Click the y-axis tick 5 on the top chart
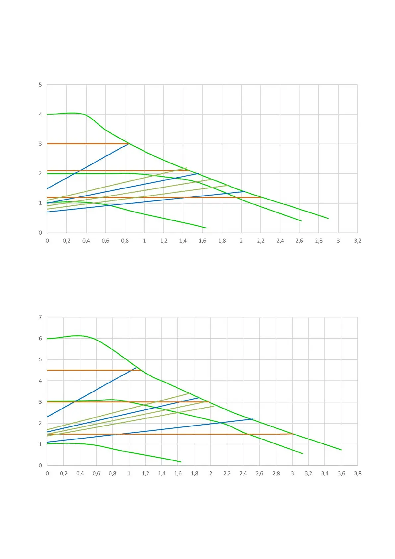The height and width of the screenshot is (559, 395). [x=40, y=85]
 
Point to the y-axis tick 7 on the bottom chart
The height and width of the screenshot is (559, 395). [x=40, y=317]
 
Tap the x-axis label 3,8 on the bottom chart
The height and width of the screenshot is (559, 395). [x=357, y=473]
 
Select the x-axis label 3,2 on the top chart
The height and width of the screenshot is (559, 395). [x=357, y=241]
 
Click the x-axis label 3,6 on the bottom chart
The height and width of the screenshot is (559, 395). [x=341, y=473]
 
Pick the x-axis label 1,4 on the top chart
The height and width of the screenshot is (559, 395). [x=183, y=241]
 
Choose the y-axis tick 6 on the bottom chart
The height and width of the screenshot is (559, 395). [x=40, y=339]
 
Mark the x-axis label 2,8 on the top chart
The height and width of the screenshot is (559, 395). [x=318, y=241]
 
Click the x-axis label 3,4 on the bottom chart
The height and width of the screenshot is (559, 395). [x=325, y=473]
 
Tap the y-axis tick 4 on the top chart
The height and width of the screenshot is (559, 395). [x=40, y=114]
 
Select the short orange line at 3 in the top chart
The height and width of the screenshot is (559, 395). [x=86, y=144]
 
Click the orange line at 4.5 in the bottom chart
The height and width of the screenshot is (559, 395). [x=93, y=370]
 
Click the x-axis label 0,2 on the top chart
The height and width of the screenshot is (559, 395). [x=66, y=241]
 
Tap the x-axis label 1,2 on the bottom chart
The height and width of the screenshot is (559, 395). [x=145, y=473]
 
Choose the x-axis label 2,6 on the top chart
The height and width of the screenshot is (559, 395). [x=299, y=241]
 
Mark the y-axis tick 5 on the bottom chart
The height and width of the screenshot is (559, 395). [x=40, y=359]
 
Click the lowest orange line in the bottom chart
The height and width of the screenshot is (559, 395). [x=199, y=434]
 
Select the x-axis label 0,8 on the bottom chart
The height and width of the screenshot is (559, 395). [x=112, y=473]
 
